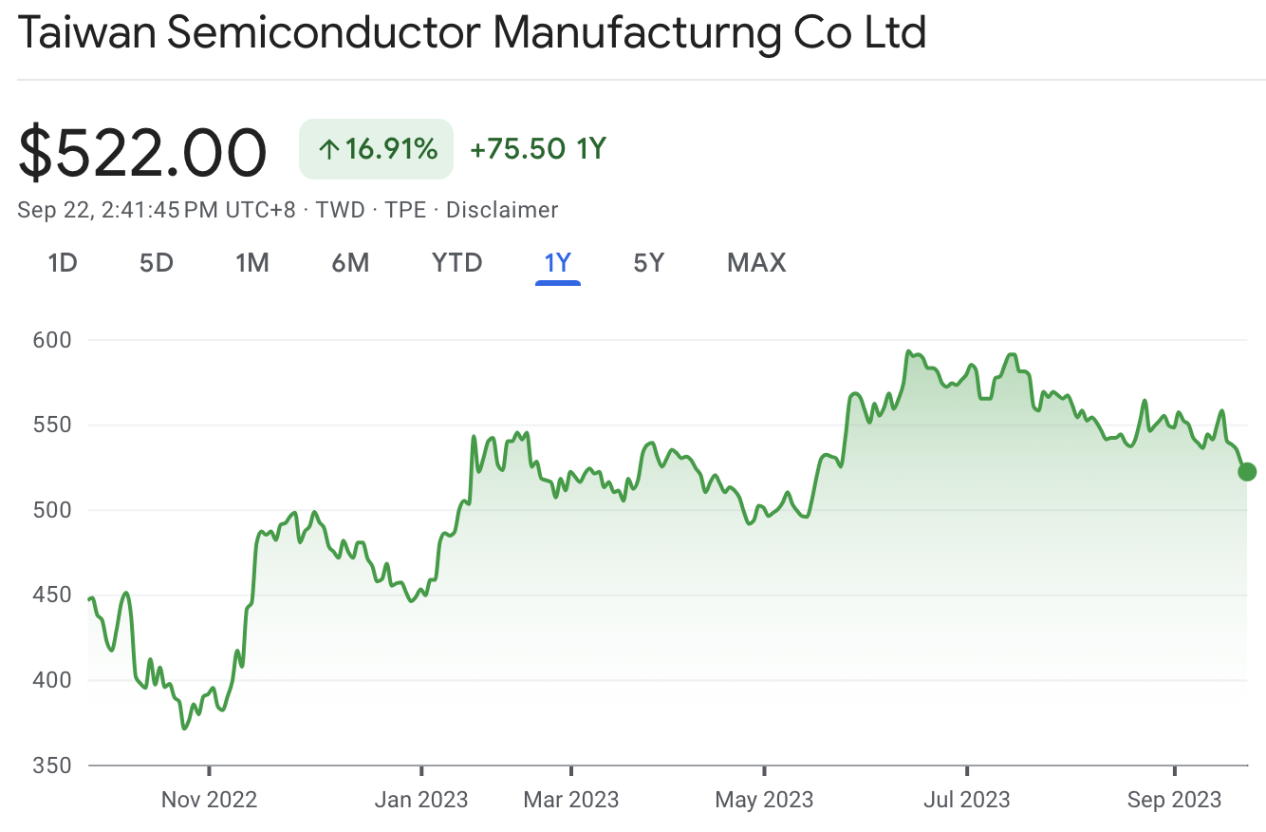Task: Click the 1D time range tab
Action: [x=63, y=262]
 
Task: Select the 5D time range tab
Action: [x=157, y=262]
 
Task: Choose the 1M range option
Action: [x=252, y=262]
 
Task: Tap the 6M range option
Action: [x=350, y=262]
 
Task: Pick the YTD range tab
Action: [x=457, y=262]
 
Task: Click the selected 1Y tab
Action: [x=558, y=262]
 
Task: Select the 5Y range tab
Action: [x=649, y=262]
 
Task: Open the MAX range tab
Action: [x=756, y=262]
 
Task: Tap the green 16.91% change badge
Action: [x=377, y=149]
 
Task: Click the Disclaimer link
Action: [x=502, y=210]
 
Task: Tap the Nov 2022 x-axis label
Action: [x=209, y=800]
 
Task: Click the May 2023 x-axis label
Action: [x=764, y=800]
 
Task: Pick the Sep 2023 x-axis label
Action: [x=1175, y=800]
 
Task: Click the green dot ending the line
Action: [x=1247, y=472]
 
